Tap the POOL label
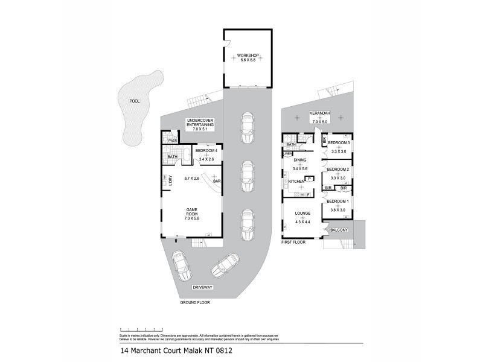pyautogui.click(x=134, y=101)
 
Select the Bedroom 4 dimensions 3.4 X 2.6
pyautogui.click(x=206, y=159)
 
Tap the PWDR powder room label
pyautogui.click(x=173, y=141)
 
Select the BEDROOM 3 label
pyautogui.click(x=338, y=143)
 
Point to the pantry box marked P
pyautogui.click(x=309, y=179)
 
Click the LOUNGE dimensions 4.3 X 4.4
pyautogui.click(x=302, y=221)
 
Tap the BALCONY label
pyautogui.click(x=339, y=230)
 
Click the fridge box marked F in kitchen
pyautogui.click(x=309, y=194)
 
